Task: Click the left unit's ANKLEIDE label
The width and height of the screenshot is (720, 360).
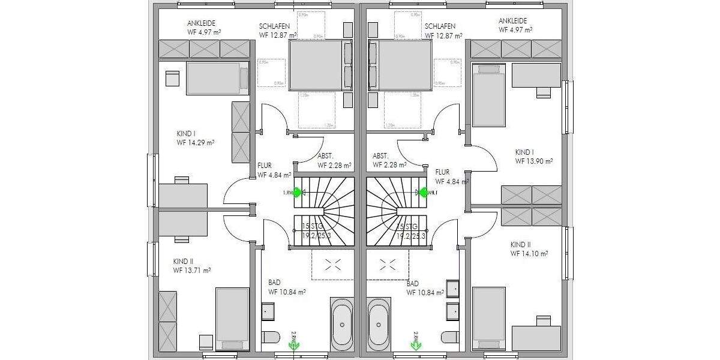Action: pos(202,22)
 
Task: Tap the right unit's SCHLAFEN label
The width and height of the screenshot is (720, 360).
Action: pos(440,26)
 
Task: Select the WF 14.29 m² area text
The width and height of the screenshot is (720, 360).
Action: pos(196,143)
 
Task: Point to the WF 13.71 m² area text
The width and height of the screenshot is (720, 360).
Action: pos(192,271)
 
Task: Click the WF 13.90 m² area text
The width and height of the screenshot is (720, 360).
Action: pos(533,161)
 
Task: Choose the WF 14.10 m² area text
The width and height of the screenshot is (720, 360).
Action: pos(529,254)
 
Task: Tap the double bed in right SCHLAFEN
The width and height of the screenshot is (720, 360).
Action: pos(400,65)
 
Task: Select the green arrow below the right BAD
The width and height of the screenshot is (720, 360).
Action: pos(414,344)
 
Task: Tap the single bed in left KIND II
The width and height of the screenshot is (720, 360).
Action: pos(232,319)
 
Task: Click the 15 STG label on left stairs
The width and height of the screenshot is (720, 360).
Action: pos(310,227)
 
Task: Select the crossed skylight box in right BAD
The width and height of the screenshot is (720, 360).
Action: pos(386,264)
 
